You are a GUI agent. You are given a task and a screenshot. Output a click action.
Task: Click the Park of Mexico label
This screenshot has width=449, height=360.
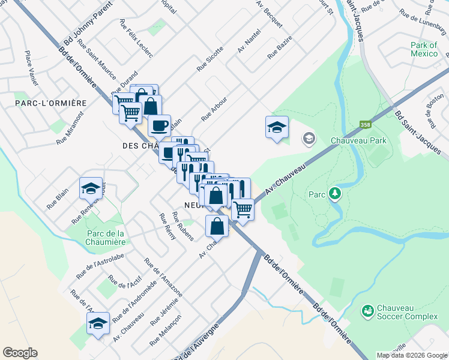point(424,49)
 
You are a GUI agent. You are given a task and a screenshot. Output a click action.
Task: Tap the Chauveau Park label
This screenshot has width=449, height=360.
point(358,140)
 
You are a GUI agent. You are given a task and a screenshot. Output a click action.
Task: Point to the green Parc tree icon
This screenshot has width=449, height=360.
point(334,193)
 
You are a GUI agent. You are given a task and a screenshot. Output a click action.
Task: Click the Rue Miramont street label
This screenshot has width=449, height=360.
point(70,132)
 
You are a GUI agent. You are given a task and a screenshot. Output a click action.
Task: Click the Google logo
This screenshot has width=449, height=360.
point(20,353)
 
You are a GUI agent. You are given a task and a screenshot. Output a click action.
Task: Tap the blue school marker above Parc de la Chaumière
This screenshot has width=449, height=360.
point(91,188)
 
